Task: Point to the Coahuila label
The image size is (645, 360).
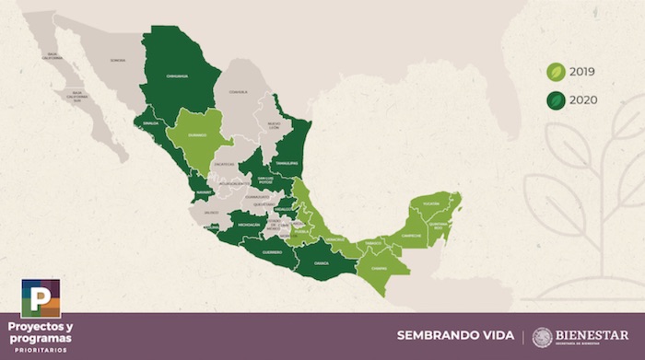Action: click(x=240, y=91)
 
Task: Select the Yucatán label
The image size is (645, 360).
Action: click(x=431, y=203)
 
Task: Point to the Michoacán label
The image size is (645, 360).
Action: click(x=248, y=224)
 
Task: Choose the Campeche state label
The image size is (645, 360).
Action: click(x=411, y=234)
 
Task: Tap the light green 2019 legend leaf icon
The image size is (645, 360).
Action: click(x=557, y=72)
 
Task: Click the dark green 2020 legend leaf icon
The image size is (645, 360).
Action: click(x=557, y=100)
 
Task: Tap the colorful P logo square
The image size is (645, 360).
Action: click(x=41, y=298)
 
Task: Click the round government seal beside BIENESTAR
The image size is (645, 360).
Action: click(x=543, y=337)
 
